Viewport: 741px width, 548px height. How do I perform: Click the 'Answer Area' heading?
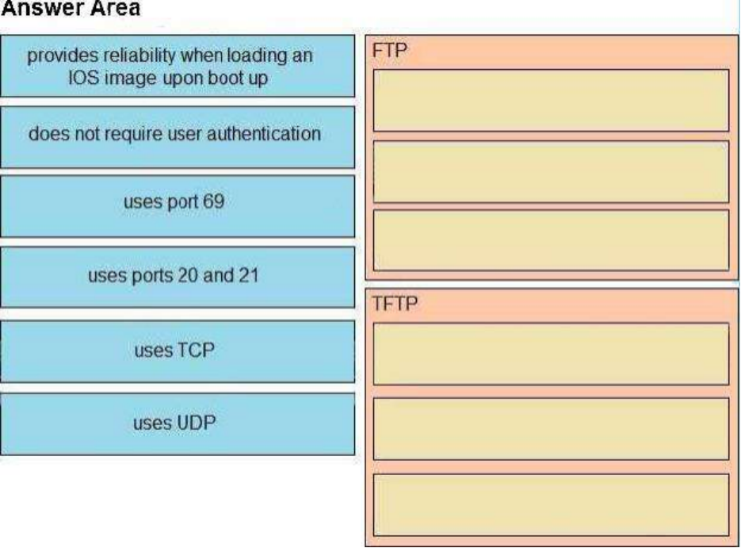tap(71, 8)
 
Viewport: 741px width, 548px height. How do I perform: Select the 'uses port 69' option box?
tap(178, 206)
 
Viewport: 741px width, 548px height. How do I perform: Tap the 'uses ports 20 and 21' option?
tap(178, 277)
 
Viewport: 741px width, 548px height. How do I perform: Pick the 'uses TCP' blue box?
tap(178, 351)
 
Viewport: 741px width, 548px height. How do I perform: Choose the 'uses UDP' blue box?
tap(178, 424)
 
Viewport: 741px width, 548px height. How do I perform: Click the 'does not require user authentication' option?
tap(178, 137)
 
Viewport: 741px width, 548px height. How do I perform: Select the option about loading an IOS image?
tap(178, 66)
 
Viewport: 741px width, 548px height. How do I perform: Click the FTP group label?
tap(389, 50)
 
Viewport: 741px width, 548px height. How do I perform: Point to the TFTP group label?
tap(395, 304)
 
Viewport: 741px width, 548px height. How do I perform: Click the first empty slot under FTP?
tap(551, 100)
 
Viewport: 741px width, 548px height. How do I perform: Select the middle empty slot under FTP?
tap(551, 171)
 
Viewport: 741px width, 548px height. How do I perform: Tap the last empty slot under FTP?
tap(551, 240)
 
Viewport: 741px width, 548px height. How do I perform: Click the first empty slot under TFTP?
tap(551, 354)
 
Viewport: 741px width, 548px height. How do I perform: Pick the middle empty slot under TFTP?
tap(551, 429)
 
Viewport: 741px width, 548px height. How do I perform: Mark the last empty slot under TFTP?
tap(551, 505)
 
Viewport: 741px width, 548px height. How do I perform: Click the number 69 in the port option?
tap(214, 201)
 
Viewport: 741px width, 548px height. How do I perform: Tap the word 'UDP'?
tap(195, 423)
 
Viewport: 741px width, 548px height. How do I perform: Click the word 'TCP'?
tap(195, 351)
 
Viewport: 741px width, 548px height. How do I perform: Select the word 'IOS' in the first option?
tap(84, 78)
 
